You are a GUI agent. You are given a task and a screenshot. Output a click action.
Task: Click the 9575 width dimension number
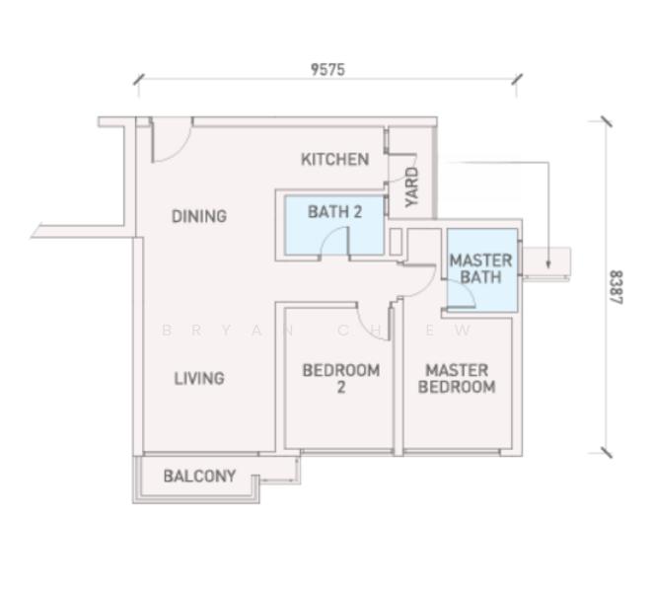(327, 69)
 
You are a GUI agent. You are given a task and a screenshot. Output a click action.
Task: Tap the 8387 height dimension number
(616, 287)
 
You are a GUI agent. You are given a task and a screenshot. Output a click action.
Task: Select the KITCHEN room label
(334, 159)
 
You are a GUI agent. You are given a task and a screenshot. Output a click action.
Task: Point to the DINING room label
(199, 216)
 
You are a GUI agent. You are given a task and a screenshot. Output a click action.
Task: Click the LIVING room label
(199, 379)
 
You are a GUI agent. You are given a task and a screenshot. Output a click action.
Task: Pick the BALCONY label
(199, 476)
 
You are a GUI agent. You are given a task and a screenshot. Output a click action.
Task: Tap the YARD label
(412, 186)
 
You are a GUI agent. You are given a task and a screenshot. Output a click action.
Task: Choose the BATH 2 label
(334, 212)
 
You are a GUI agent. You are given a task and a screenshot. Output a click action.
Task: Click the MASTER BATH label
(480, 268)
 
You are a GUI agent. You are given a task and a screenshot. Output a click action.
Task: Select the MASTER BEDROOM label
(457, 379)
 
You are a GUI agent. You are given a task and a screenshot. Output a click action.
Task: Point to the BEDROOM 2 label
(341, 379)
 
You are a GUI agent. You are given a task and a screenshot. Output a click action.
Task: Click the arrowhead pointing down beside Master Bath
(548, 263)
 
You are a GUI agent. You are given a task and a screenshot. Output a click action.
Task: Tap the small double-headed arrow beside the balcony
(277, 481)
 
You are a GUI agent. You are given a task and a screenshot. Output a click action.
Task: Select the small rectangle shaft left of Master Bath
(396, 242)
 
